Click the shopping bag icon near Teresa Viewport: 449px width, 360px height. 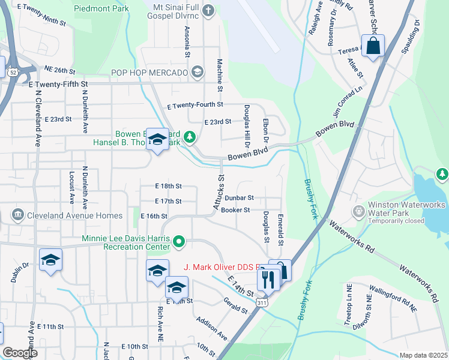click(x=373, y=46)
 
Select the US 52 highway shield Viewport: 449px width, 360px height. click(x=13, y=72)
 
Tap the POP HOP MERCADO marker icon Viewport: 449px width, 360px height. click(x=197, y=73)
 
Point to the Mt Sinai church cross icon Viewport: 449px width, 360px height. click(x=208, y=10)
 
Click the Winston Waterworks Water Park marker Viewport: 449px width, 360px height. click(x=359, y=211)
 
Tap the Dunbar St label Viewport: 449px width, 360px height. click(x=240, y=197)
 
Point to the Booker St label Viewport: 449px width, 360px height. click(x=235, y=210)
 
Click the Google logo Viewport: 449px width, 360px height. click(x=20, y=353)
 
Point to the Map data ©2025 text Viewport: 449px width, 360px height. click(x=423, y=355)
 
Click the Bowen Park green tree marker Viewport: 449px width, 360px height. click(x=190, y=137)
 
